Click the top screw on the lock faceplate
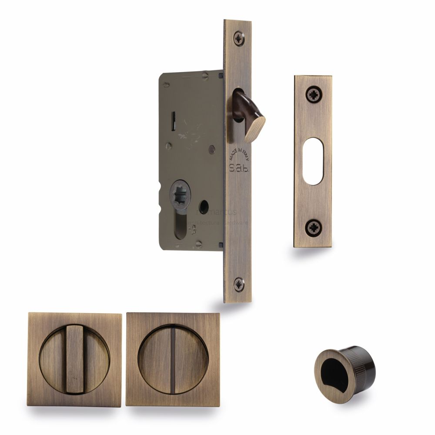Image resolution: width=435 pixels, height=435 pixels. (x=239, y=39)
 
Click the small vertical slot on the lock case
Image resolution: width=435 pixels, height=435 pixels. (x=174, y=117)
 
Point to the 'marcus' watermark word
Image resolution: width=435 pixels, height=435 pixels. (x=222, y=212)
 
